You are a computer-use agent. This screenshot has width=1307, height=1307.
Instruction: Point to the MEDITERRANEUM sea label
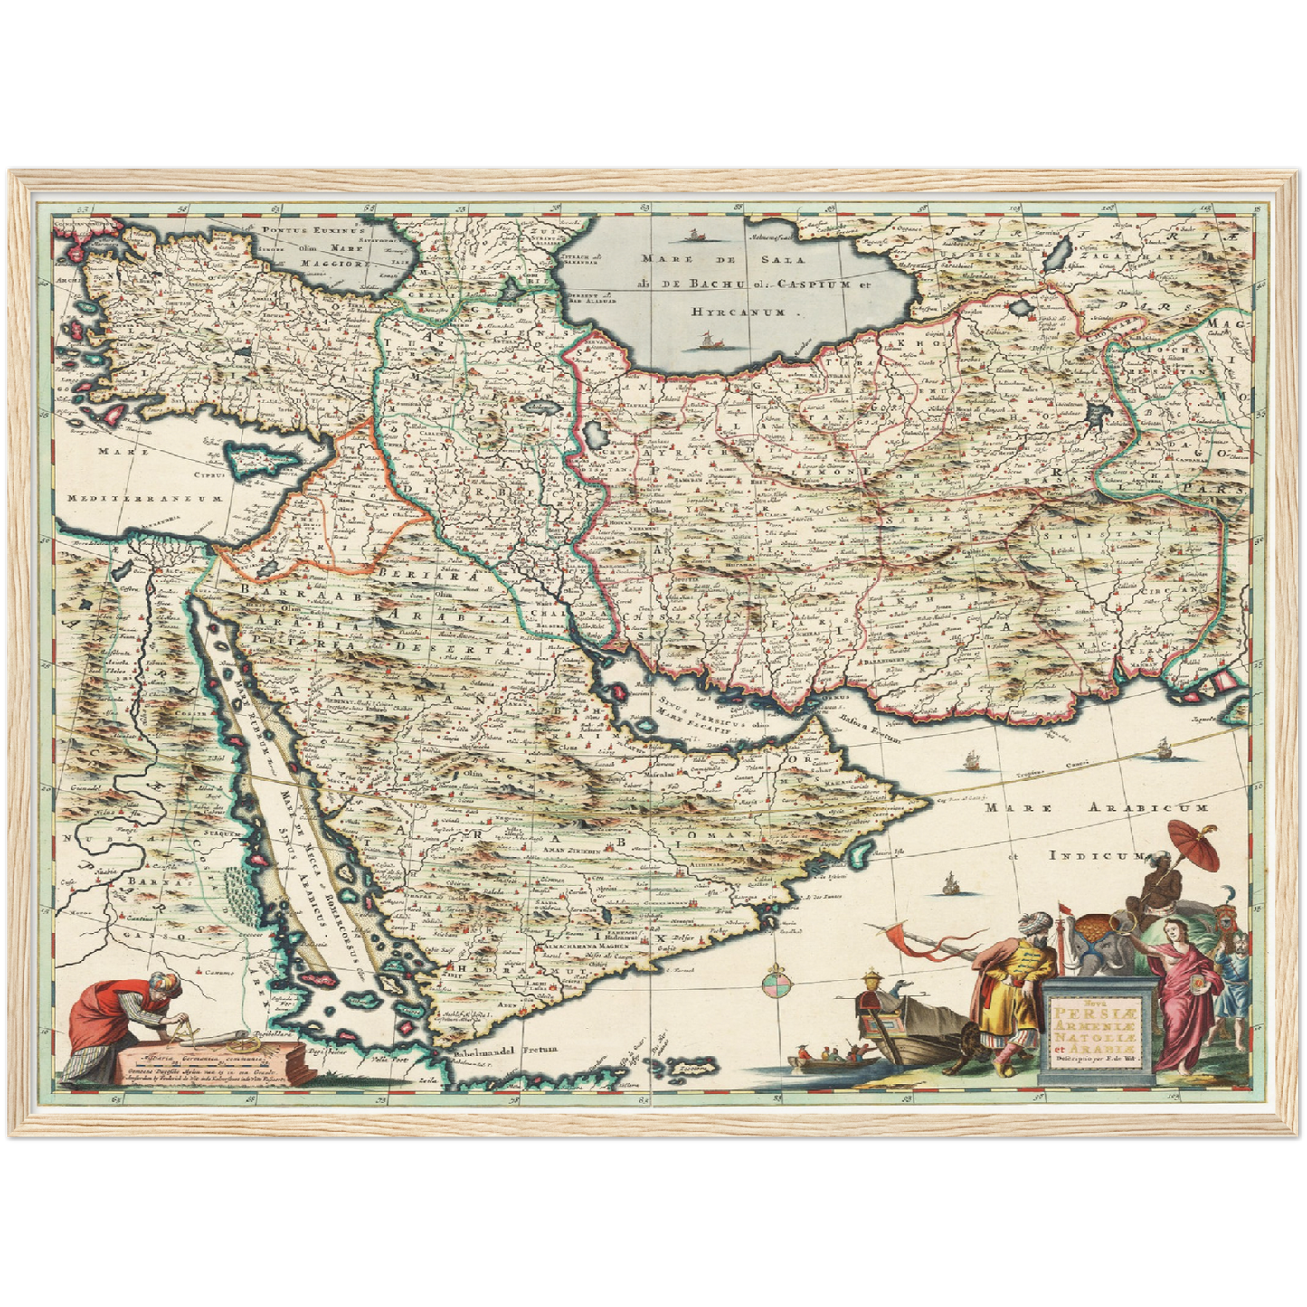pyautogui.click(x=145, y=497)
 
